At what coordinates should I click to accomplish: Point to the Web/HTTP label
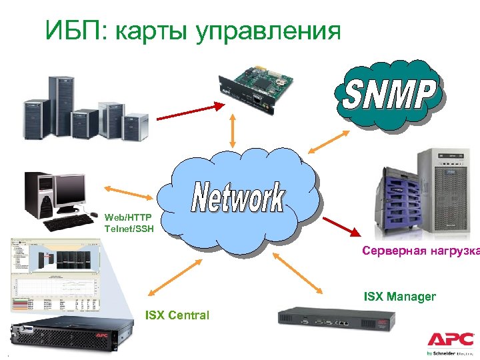point(128,217)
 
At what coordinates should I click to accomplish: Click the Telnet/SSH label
point(128,229)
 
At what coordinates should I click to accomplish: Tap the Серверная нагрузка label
point(420,251)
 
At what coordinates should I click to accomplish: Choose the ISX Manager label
point(399,296)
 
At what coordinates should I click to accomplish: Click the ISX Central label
point(177,315)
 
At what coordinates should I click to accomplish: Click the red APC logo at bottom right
point(451,338)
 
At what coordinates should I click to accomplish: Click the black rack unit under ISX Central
point(61,336)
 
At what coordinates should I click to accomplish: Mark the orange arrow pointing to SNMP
point(327,141)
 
